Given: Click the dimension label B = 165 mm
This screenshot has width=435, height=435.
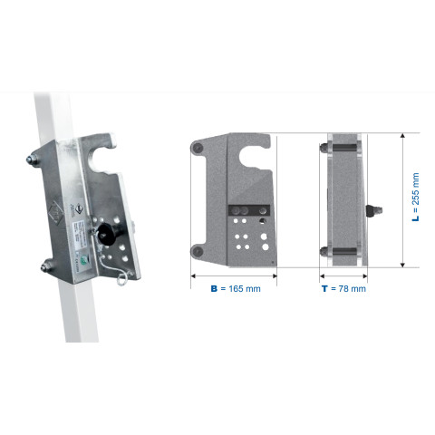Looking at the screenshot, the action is coord(236,289).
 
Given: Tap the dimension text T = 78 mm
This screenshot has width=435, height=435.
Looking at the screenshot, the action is coord(343,289).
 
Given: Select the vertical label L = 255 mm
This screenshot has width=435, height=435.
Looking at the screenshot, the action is coord(416,197).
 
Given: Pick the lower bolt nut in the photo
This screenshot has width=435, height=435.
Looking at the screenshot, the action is coord(46,266).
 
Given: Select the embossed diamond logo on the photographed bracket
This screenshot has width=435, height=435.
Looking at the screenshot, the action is coord(56,212).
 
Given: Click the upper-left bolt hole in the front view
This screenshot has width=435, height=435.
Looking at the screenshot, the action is coord(198,148).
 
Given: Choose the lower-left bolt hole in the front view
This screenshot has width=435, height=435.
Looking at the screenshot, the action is coord(198,251).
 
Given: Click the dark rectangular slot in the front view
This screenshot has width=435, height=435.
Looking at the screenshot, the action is coord(249,210).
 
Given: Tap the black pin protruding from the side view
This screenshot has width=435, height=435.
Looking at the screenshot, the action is coord(374,210).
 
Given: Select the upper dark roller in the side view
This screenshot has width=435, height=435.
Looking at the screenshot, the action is coord(344,148).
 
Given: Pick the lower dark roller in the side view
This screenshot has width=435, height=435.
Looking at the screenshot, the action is coord(344,251).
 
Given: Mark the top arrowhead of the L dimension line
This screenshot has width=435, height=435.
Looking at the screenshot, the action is coord(402,135).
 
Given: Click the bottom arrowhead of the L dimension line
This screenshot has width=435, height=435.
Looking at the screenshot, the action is coord(402,265).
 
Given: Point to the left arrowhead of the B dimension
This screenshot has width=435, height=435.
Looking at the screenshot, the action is coord(194,275).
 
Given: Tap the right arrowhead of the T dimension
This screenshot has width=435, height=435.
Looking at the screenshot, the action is coord(364,275).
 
